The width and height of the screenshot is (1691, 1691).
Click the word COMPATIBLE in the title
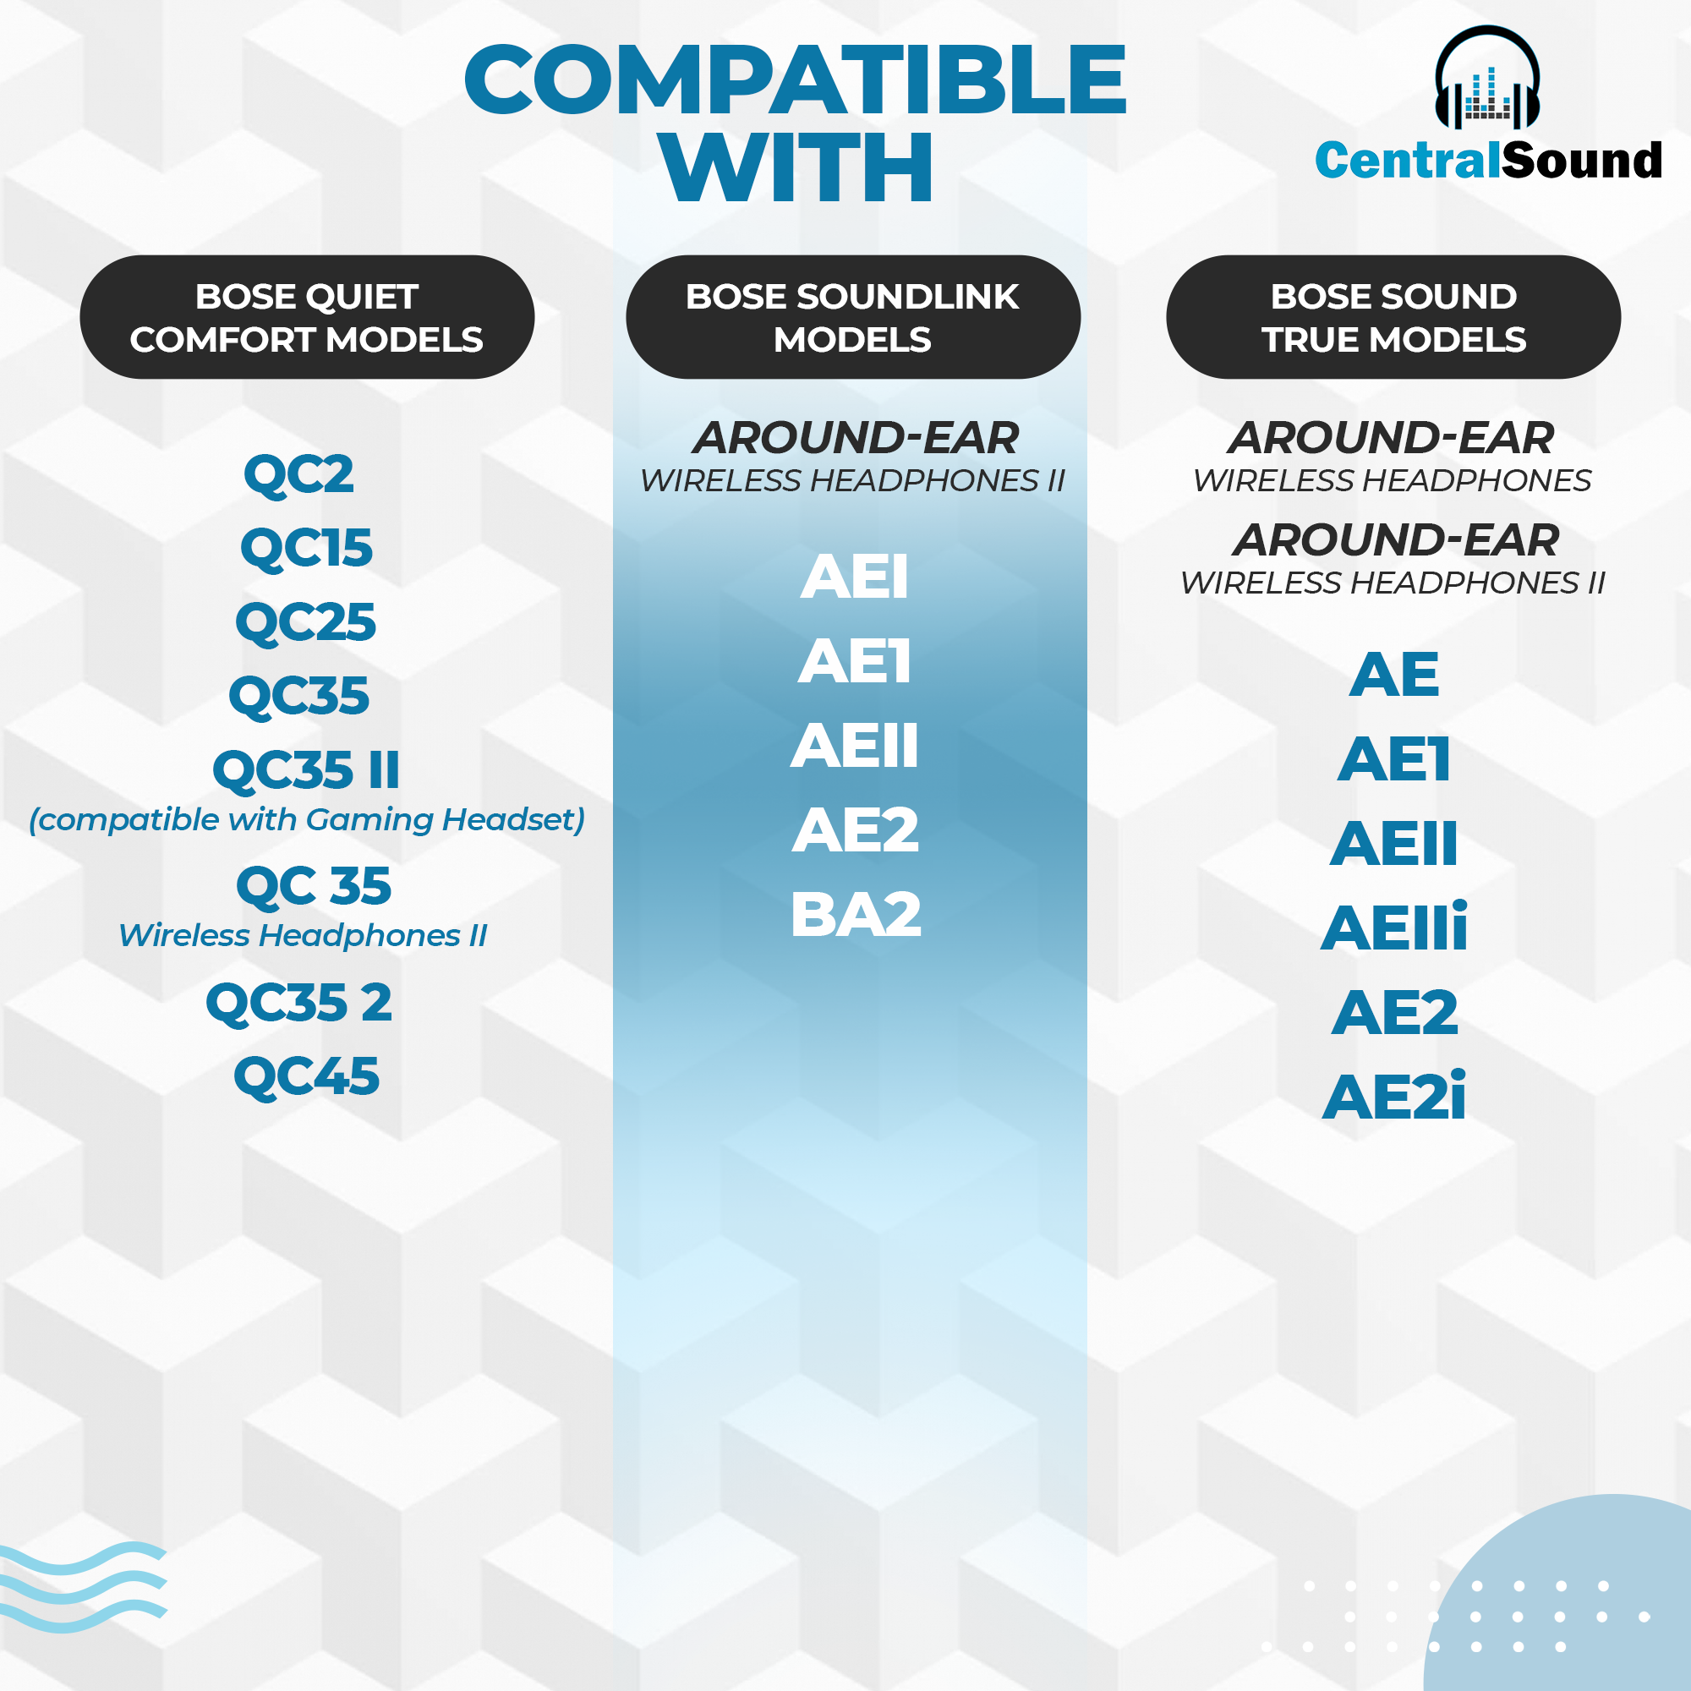click(795, 79)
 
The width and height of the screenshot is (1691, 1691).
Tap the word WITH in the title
click(796, 167)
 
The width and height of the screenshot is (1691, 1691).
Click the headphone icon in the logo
click(1487, 78)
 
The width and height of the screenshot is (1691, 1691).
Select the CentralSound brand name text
click(1488, 160)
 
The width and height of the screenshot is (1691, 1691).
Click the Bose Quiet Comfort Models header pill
click(307, 317)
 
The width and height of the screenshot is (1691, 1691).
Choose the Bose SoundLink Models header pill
click(852, 317)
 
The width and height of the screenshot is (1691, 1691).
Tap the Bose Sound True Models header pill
click(1393, 317)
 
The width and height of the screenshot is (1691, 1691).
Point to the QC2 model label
click(299, 475)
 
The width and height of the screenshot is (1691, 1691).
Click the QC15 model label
click(306, 549)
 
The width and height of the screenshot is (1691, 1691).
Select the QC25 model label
click(306, 622)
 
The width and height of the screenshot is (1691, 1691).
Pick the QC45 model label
click(306, 1075)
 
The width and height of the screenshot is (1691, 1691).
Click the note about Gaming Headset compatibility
click(307, 819)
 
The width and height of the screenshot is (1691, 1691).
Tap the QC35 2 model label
click(299, 1002)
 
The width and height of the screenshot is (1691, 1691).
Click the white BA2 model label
click(856, 915)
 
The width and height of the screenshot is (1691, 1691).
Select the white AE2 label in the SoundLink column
click(856, 829)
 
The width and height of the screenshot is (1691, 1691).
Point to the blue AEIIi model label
click(1394, 927)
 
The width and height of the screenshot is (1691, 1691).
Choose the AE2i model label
click(1394, 1096)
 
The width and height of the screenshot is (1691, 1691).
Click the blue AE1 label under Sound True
click(1394, 759)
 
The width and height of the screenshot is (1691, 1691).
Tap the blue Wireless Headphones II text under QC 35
click(303, 936)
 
